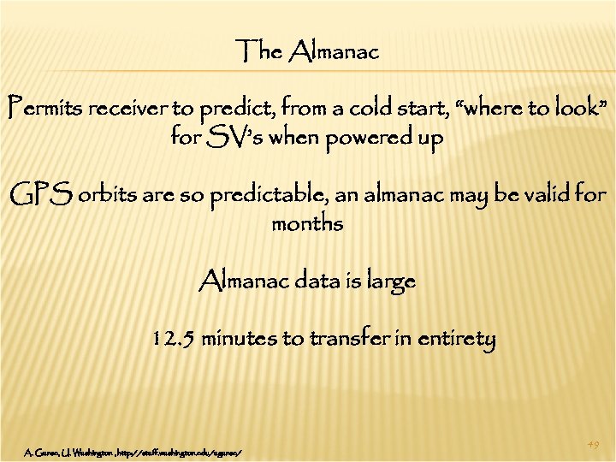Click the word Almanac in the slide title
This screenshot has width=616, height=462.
(335, 53)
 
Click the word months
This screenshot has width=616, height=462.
(307, 224)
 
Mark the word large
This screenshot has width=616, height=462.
(390, 281)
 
